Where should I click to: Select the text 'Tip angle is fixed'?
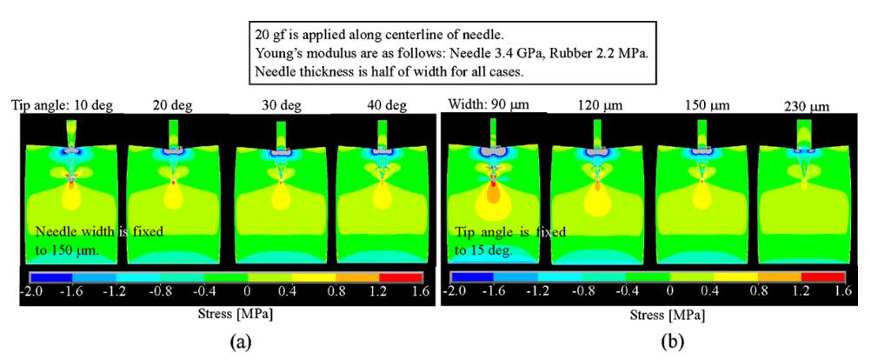(510, 232)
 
